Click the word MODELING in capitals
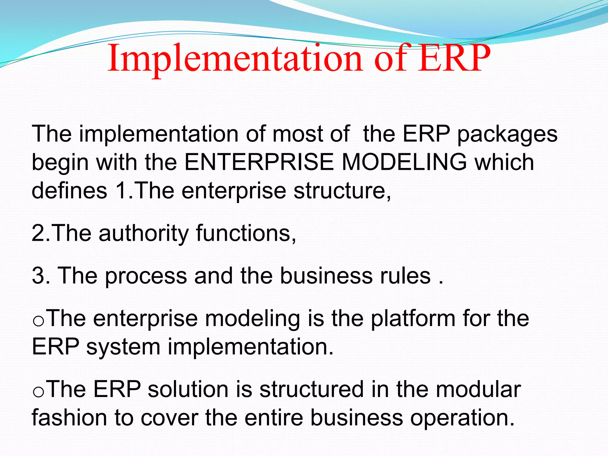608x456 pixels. pyautogui.click(x=404, y=162)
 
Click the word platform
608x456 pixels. pyautogui.click(x=413, y=319)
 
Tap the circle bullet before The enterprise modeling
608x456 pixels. pyautogui.click(x=39, y=322)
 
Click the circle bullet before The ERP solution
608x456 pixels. pyautogui.click(x=39, y=392)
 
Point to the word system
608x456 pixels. pyautogui.click(x=123, y=346)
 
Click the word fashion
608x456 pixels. pyautogui.click(x=69, y=417)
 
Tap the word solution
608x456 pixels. pyautogui.click(x=188, y=389)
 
